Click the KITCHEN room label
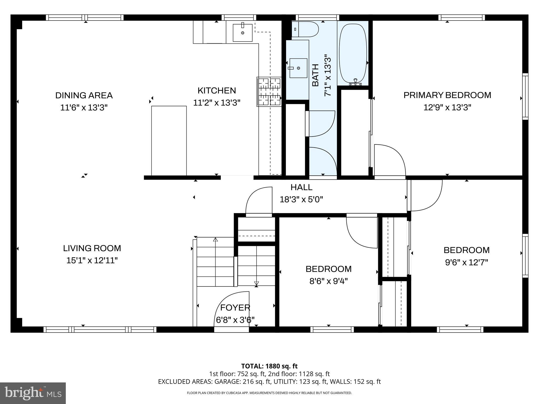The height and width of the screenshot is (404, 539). point(217,90)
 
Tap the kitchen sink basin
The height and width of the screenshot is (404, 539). point(243,33)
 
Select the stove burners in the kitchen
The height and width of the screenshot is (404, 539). point(269,92)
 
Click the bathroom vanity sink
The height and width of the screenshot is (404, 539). point(298,68)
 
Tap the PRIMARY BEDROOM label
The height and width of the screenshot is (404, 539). point(447,95)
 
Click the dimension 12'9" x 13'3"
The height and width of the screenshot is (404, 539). point(447,107)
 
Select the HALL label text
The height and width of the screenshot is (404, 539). point(301,187)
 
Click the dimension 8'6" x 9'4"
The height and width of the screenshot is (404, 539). point(328,281)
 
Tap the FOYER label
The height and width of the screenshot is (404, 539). point(235,307)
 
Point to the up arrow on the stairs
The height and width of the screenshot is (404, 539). point(216,240)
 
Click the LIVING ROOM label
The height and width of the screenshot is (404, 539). point(92,248)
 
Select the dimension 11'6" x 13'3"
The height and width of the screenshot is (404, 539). point(84,108)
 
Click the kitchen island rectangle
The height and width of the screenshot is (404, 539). point(169,141)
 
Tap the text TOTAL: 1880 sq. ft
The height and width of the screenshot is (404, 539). point(269,366)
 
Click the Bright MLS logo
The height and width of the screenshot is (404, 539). point(33,393)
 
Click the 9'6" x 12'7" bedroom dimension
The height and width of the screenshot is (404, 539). point(466,262)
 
